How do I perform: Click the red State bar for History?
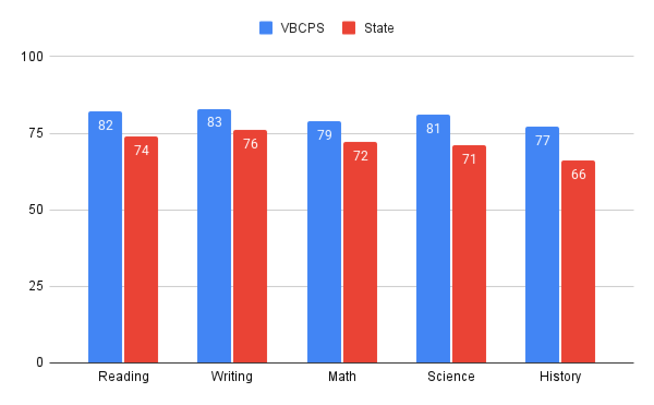pyautogui.click(x=578, y=262)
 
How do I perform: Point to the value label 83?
pyautogui.click(x=215, y=122)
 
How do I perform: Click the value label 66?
pyautogui.click(x=578, y=175)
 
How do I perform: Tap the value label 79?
pyautogui.click(x=324, y=135)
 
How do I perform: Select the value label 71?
pyautogui.click(x=469, y=159)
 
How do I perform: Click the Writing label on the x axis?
pyautogui.click(x=232, y=377)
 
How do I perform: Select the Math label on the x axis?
pyautogui.click(x=342, y=377)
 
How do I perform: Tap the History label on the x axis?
pyautogui.click(x=560, y=377)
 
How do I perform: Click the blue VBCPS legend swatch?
pyautogui.click(x=267, y=28)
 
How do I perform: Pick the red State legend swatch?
pyautogui.click(x=349, y=28)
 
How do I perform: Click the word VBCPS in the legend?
pyautogui.click(x=302, y=28)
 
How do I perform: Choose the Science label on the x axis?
pyautogui.click(x=451, y=377)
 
